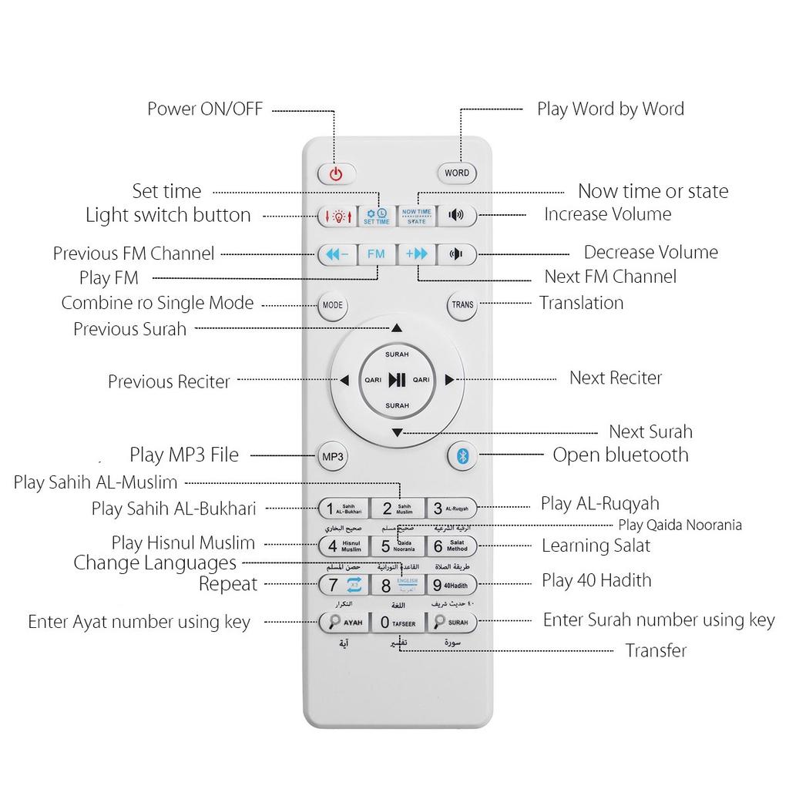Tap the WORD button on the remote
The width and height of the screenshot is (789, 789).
(x=456, y=173)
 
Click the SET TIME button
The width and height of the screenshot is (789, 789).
(x=377, y=216)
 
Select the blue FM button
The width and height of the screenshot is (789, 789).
(x=376, y=253)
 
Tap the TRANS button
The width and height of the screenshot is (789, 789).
(x=462, y=305)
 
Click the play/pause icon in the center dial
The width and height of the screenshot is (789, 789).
(x=397, y=379)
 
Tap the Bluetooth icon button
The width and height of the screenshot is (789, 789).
(x=462, y=455)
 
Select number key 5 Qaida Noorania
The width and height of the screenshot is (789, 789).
(x=397, y=546)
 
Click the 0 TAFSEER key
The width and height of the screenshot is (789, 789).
(x=397, y=622)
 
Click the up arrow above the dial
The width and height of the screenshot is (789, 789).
(x=397, y=328)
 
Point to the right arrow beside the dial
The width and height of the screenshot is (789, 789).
(x=450, y=379)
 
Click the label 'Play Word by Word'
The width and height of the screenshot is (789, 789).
(x=610, y=109)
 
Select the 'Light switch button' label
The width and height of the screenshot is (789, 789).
(x=168, y=215)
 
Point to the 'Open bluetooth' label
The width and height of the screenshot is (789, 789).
(x=620, y=455)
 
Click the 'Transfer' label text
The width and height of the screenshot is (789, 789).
(x=656, y=650)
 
